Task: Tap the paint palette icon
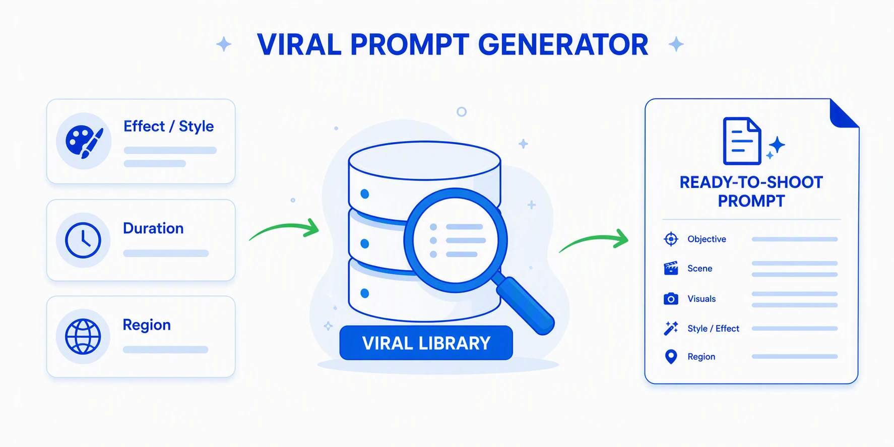click(84, 141)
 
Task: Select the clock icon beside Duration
click(83, 240)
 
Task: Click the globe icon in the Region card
click(83, 337)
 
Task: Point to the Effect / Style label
click(168, 126)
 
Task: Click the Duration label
click(153, 228)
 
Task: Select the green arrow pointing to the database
click(285, 227)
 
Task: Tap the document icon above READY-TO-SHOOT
click(742, 141)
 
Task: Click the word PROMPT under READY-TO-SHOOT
click(751, 201)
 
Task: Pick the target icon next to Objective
click(671, 239)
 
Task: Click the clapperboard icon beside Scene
click(671, 269)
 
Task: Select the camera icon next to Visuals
click(671, 299)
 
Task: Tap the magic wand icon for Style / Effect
click(671, 329)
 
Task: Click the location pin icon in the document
click(671, 357)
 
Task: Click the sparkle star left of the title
click(224, 44)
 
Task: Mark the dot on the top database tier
click(365, 194)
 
